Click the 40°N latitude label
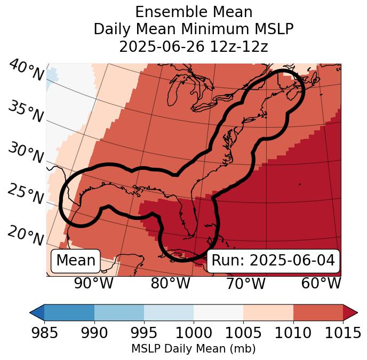[x=26, y=71]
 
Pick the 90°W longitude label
[x=93, y=284]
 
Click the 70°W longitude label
[x=245, y=284]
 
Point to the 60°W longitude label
[x=321, y=284]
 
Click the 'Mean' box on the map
[x=76, y=261]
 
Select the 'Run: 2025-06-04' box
[x=273, y=261]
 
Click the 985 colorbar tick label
[x=44, y=333]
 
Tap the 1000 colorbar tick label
[x=194, y=333]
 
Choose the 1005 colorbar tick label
[x=243, y=333]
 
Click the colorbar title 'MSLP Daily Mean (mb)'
[x=194, y=349]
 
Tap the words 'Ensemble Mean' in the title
[x=194, y=12]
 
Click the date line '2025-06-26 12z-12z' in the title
[x=194, y=46]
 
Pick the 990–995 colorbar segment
[x=119, y=312]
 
